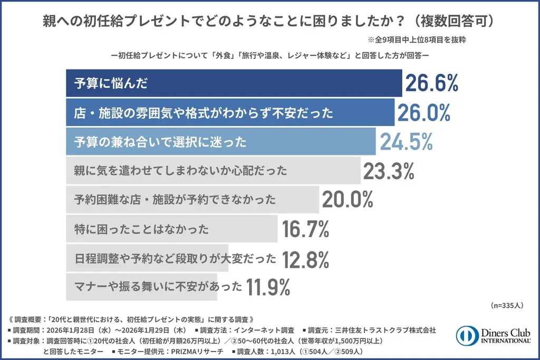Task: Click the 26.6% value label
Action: point(431,83)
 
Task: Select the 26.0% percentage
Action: point(423,112)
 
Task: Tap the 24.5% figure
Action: point(406,141)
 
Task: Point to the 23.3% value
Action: point(389,171)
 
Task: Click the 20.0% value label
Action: point(347,200)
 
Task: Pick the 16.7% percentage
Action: point(306,229)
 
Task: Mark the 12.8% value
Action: point(306,258)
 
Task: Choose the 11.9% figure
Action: point(268,287)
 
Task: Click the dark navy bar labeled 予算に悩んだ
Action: point(234,83)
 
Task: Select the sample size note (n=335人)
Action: point(507,305)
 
